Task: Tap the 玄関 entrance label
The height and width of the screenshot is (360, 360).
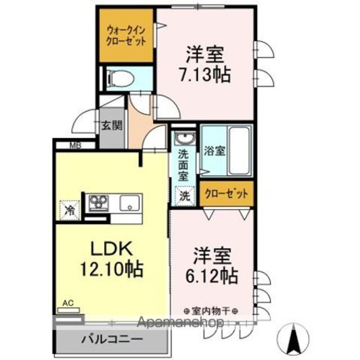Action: click(112, 125)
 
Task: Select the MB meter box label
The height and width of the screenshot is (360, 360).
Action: click(75, 146)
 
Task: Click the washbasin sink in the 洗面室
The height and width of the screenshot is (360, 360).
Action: click(185, 138)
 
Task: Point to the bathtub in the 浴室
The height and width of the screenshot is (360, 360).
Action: click(240, 151)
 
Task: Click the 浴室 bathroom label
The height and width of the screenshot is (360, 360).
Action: click(214, 151)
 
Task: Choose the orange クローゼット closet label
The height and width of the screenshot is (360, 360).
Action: click(226, 194)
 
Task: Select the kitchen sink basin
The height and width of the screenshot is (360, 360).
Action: click(129, 203)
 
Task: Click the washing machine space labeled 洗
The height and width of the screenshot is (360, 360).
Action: click(185, 196)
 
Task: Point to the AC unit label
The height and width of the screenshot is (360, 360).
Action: click(68, 303)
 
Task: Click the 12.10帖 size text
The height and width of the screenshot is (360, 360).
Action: click(112, 269)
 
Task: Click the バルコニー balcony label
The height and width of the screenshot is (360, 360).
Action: click(112, 339)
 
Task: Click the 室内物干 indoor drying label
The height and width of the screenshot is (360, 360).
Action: click(210, 311)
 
